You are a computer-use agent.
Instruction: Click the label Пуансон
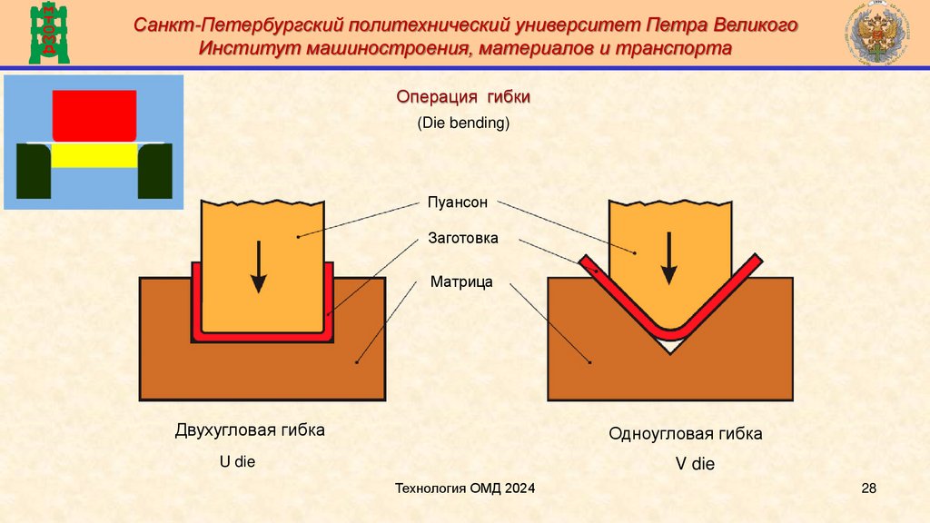458,202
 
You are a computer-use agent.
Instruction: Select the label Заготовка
463,241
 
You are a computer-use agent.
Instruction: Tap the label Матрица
461,282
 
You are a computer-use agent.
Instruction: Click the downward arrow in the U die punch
259,266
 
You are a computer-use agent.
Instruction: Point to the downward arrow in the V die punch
669,259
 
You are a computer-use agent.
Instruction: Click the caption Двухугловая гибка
250,430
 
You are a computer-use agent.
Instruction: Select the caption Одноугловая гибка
686,434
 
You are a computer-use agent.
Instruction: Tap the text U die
238,461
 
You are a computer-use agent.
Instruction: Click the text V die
695,464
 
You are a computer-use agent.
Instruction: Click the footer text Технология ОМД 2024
465,489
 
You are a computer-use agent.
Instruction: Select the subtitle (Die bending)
464,123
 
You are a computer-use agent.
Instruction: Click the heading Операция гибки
463,97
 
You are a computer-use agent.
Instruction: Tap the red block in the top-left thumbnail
94,113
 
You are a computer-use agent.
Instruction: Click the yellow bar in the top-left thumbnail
94,156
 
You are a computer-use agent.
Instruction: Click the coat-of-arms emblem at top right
874,34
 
